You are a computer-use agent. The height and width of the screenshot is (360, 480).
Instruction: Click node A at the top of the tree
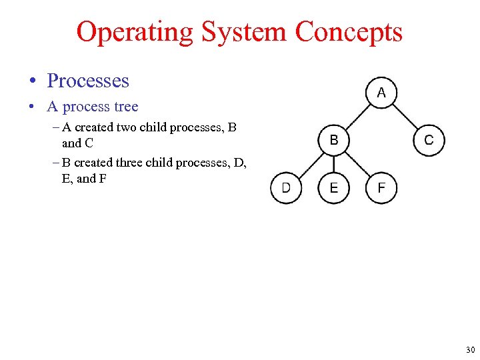click(381, 92)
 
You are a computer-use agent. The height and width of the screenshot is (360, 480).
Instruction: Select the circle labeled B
click(333, 140)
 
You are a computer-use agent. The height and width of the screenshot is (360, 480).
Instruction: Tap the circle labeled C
click(429, 140)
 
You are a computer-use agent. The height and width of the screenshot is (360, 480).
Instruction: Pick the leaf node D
click(285, 188)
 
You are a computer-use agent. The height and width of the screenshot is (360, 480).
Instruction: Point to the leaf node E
click(333, 188)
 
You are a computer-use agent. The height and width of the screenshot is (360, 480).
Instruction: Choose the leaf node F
click(381, 188)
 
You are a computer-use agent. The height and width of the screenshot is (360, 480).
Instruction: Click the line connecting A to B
click(357, 116)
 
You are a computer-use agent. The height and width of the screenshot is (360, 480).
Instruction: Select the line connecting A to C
click(405, 116)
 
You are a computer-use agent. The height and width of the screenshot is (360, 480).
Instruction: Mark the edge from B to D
click(309, 164)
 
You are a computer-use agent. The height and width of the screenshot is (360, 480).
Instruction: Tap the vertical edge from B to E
click(333, 164)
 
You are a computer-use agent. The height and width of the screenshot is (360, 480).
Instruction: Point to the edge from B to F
click(357, 164)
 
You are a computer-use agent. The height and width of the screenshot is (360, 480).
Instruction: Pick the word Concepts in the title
click(349, 32)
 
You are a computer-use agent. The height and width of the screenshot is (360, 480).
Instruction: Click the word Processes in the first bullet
click(87, 81)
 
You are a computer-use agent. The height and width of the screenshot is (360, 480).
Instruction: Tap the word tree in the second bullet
click(125, 107)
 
